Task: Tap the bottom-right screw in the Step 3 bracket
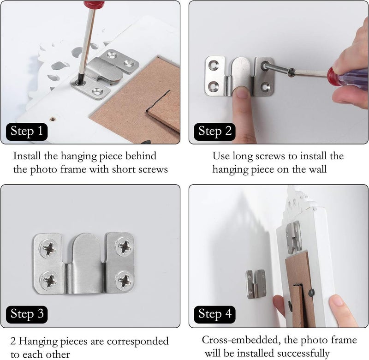click(124, 280)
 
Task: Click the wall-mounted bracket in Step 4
click(255, 284)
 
